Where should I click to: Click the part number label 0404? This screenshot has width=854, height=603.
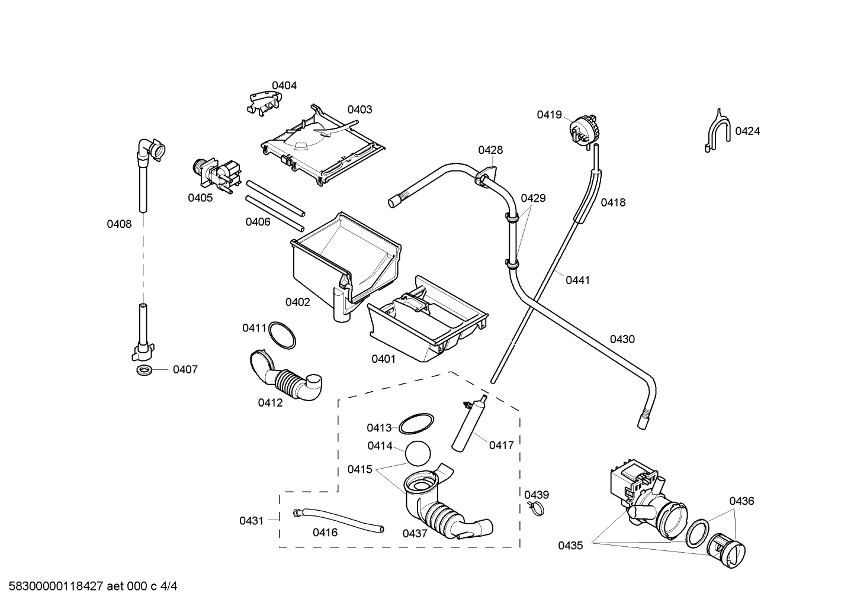point(284,86)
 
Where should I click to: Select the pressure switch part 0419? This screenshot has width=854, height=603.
point(582,128)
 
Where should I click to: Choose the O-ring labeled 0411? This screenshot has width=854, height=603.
point(282,335)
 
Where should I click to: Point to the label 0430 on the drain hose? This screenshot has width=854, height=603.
point(622,340)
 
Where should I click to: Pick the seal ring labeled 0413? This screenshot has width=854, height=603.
point(415,424)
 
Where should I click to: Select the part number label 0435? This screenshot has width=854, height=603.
point(570,546)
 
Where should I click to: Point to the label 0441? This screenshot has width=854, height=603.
point(577,280)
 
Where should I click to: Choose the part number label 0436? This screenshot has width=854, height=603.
point(741,501)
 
